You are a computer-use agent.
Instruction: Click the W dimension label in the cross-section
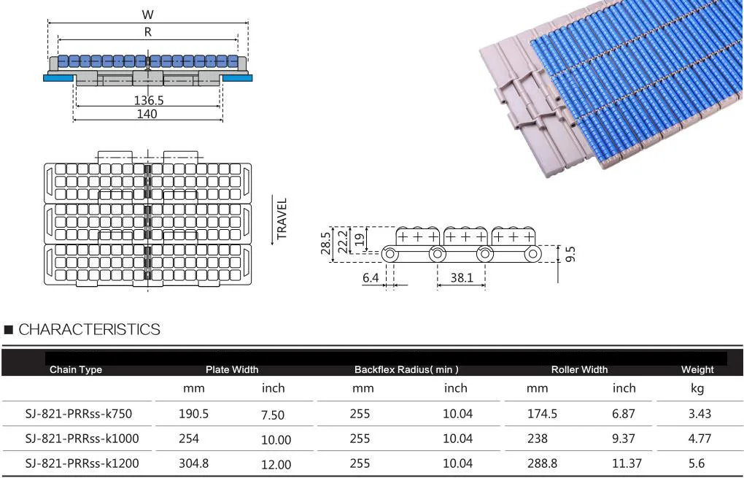click(148, 15)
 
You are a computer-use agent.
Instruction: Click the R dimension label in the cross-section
click(148, 32)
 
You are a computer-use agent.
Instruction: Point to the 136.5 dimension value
click(148, 100)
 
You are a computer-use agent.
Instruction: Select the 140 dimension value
click(147, 114)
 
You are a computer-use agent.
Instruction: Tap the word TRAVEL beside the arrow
click(282, 218)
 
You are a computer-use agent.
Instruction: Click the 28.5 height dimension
click(326, 242)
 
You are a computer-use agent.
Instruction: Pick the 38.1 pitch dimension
click(461, 278)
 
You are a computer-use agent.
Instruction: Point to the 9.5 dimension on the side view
click(570, 255)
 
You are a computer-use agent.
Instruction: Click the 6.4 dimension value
click(371, 278)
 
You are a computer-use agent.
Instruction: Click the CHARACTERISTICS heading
click(89, 330)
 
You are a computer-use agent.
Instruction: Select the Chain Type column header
click(76, 369)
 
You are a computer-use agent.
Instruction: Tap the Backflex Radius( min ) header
click(406, 369)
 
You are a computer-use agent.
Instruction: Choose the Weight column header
click(697, 369)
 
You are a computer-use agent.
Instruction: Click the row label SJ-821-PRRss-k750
click(78, 414)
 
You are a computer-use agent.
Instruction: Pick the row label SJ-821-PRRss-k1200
click(82, 463)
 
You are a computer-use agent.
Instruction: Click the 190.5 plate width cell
click(194, 414)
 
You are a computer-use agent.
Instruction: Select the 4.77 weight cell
click(697, 439)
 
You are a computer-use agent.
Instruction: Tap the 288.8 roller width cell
click(542, 463)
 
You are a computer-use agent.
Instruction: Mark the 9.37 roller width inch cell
click(624, 439)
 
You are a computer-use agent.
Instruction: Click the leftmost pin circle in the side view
click(391, 254)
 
